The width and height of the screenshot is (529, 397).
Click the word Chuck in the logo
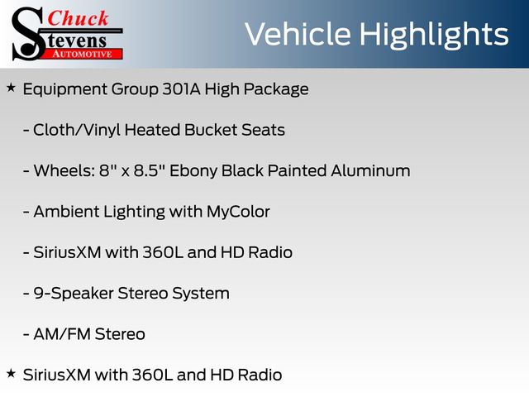coord(78,18)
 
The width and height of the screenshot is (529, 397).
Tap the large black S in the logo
coord(27,34)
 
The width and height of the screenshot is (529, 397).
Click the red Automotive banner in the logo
coord(83,54)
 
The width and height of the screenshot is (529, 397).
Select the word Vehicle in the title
coord(298,34)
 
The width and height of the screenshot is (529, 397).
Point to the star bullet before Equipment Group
coord(11,88)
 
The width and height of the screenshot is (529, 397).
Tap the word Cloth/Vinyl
coord(77,131)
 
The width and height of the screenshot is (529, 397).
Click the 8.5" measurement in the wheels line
coord(146,171)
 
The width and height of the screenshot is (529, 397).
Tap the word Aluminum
coord(370,171)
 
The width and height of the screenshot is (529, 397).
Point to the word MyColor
coord(238,213)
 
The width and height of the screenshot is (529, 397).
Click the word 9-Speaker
coord(74,294)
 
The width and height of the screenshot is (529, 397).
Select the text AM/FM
coord(62,334)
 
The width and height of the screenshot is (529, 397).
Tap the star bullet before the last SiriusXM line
coord(11,373)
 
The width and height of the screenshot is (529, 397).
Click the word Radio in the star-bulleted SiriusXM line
coord(260,375)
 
